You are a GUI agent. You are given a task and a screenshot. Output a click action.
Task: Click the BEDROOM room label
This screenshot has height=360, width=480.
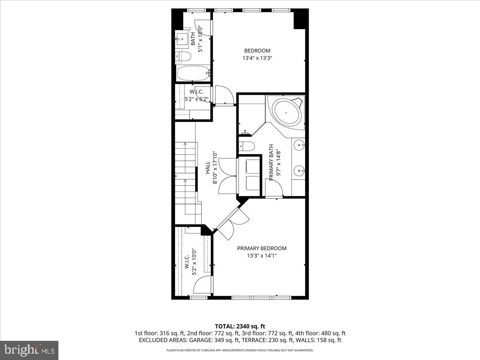click(x=257, y=51)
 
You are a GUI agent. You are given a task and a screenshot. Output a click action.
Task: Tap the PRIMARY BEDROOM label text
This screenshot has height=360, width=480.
click(x=262, y=248)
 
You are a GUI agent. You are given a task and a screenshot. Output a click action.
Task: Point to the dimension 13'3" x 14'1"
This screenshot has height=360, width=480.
click(x=262, y=256)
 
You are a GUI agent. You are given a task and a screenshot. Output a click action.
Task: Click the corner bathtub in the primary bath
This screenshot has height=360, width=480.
click(x=287, y=112)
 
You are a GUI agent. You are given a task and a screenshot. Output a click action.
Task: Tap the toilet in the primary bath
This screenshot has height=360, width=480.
click(x=246, y=146)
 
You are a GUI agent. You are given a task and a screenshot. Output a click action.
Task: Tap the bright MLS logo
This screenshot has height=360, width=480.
click(x=29, y=350)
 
